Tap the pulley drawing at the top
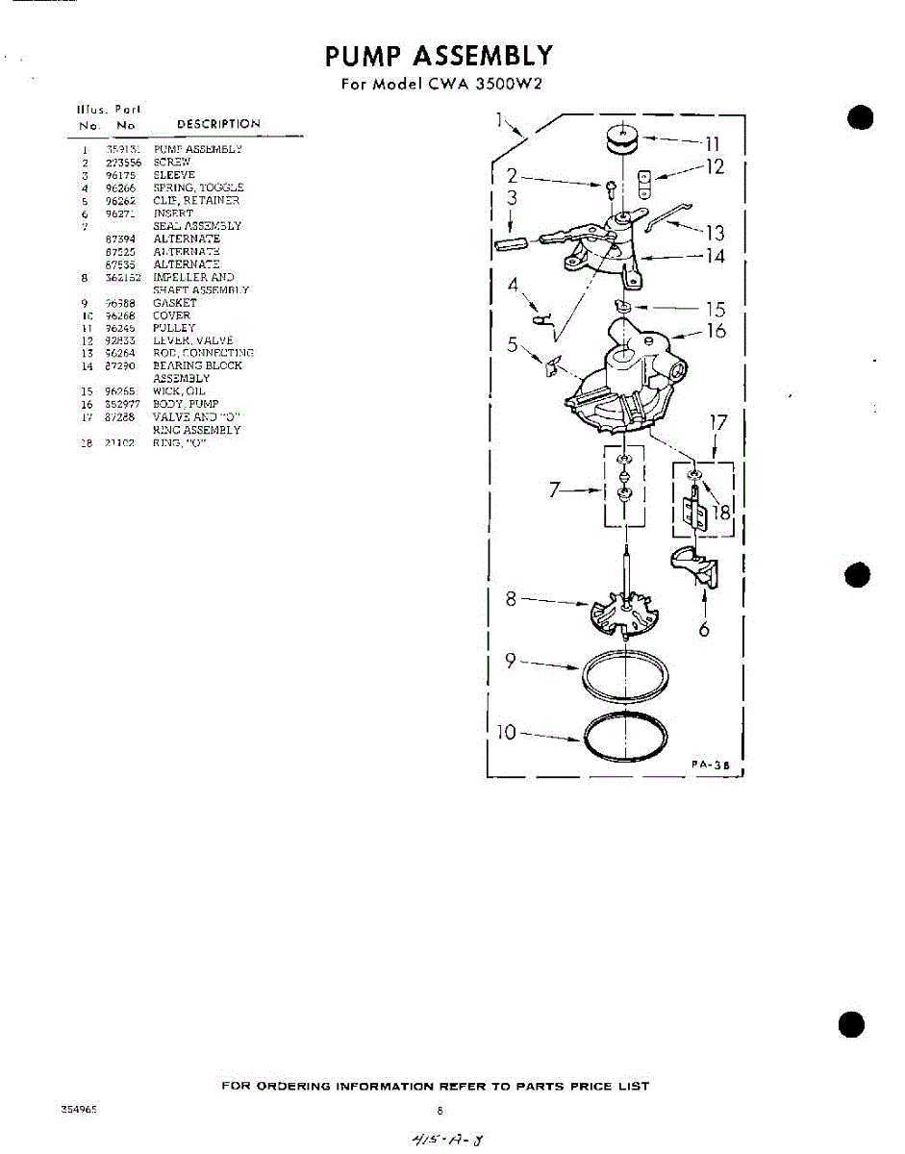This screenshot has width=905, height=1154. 624,139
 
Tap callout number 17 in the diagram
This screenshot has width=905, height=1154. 718,423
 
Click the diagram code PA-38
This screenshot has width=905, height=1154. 713,764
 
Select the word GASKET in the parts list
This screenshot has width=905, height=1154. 174,303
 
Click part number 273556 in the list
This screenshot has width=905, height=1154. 124,163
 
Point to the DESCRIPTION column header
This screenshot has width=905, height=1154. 218,124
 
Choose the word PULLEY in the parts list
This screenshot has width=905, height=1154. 174,328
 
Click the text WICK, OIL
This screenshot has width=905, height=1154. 172,391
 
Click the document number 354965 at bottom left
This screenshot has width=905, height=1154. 80,1108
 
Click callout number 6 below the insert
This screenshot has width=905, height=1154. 704,630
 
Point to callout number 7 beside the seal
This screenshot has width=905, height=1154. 555,490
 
